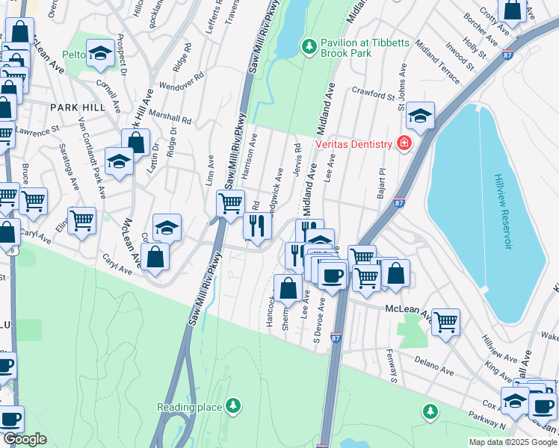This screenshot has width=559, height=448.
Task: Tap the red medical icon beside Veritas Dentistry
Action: (404, 143)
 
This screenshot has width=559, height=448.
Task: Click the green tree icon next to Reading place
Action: (234, 405)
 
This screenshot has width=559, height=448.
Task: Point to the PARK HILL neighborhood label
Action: (78, 108)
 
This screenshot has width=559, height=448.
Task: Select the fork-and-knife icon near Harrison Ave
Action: (257, 225)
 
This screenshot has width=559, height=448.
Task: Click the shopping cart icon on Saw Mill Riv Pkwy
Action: (230, 202)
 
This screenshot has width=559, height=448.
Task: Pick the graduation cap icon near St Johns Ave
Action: (421, 116)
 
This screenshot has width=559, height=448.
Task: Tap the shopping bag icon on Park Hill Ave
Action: (136, 141)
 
